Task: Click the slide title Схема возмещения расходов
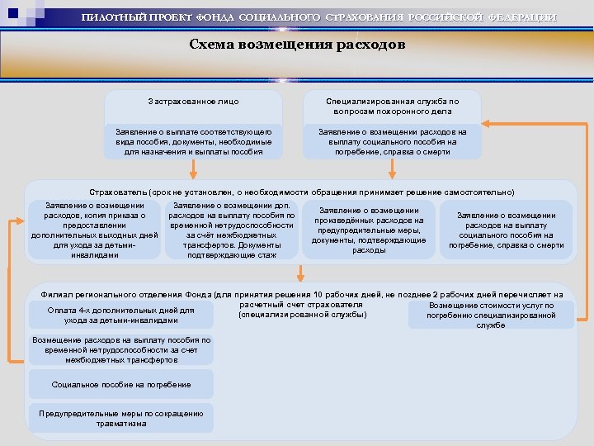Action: (297, 44)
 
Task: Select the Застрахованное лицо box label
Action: (194, 102)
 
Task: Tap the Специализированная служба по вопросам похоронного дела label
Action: (392, 106)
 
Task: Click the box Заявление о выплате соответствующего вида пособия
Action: (194, 141)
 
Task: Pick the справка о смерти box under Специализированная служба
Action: (392, 141)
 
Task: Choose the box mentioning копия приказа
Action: (94, 230)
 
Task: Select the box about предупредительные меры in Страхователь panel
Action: (369, 230)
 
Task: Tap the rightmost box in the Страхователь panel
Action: (506, 230)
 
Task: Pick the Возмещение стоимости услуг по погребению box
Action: (490, 315)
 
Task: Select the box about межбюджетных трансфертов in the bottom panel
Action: (121, 350)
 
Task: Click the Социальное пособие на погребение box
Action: (121, 384)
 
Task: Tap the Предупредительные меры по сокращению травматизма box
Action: (121, 418)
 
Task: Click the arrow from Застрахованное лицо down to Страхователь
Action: (193, 169)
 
